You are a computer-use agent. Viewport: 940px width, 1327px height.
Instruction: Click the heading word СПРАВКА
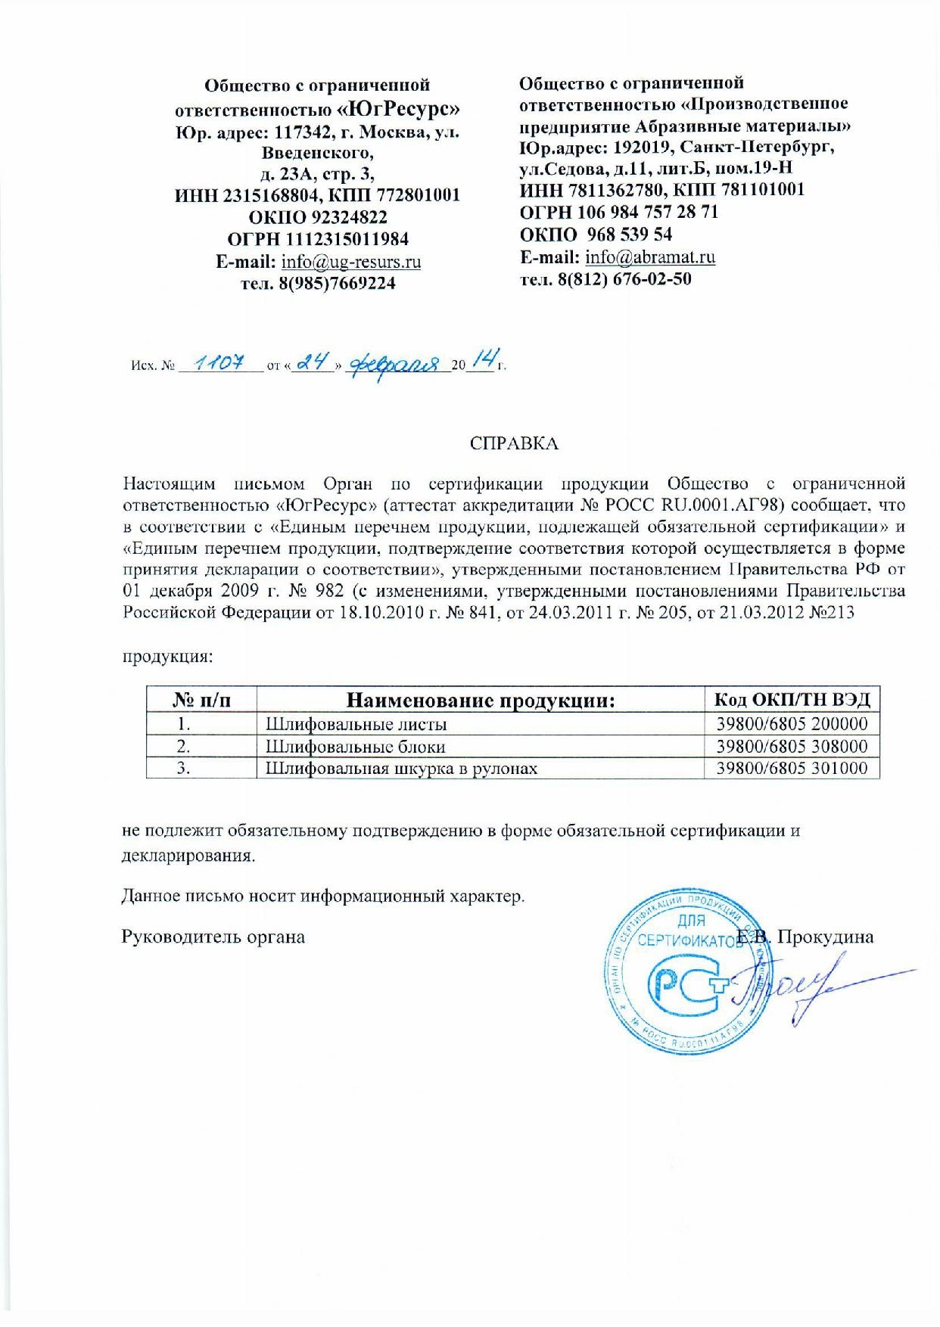[x=514, y=443]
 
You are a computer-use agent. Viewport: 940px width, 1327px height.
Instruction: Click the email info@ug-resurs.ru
[x=351, y=262]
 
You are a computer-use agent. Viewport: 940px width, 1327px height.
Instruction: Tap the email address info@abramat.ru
[x=651, y=256]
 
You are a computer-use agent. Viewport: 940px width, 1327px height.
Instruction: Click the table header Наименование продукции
[x=480, y=701]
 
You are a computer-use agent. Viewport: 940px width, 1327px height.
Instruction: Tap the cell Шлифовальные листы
[x=356, y=724]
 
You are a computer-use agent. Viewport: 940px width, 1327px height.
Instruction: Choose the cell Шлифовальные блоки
[x=356, y=747]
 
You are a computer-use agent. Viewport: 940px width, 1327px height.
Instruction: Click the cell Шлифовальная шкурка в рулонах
[x=402, y=769]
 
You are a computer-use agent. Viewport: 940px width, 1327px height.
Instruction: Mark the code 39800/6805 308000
[x=792, y=747]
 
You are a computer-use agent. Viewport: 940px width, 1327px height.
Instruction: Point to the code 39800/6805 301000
[x=792, y=769]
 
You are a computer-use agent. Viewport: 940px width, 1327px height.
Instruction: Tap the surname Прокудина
[x=826, y=937]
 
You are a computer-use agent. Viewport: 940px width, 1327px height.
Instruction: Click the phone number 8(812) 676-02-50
[x=624, y=278]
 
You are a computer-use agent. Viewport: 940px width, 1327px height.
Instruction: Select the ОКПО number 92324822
[x=349, y=217]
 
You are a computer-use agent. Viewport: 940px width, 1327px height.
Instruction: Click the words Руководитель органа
[x=213, y=937]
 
